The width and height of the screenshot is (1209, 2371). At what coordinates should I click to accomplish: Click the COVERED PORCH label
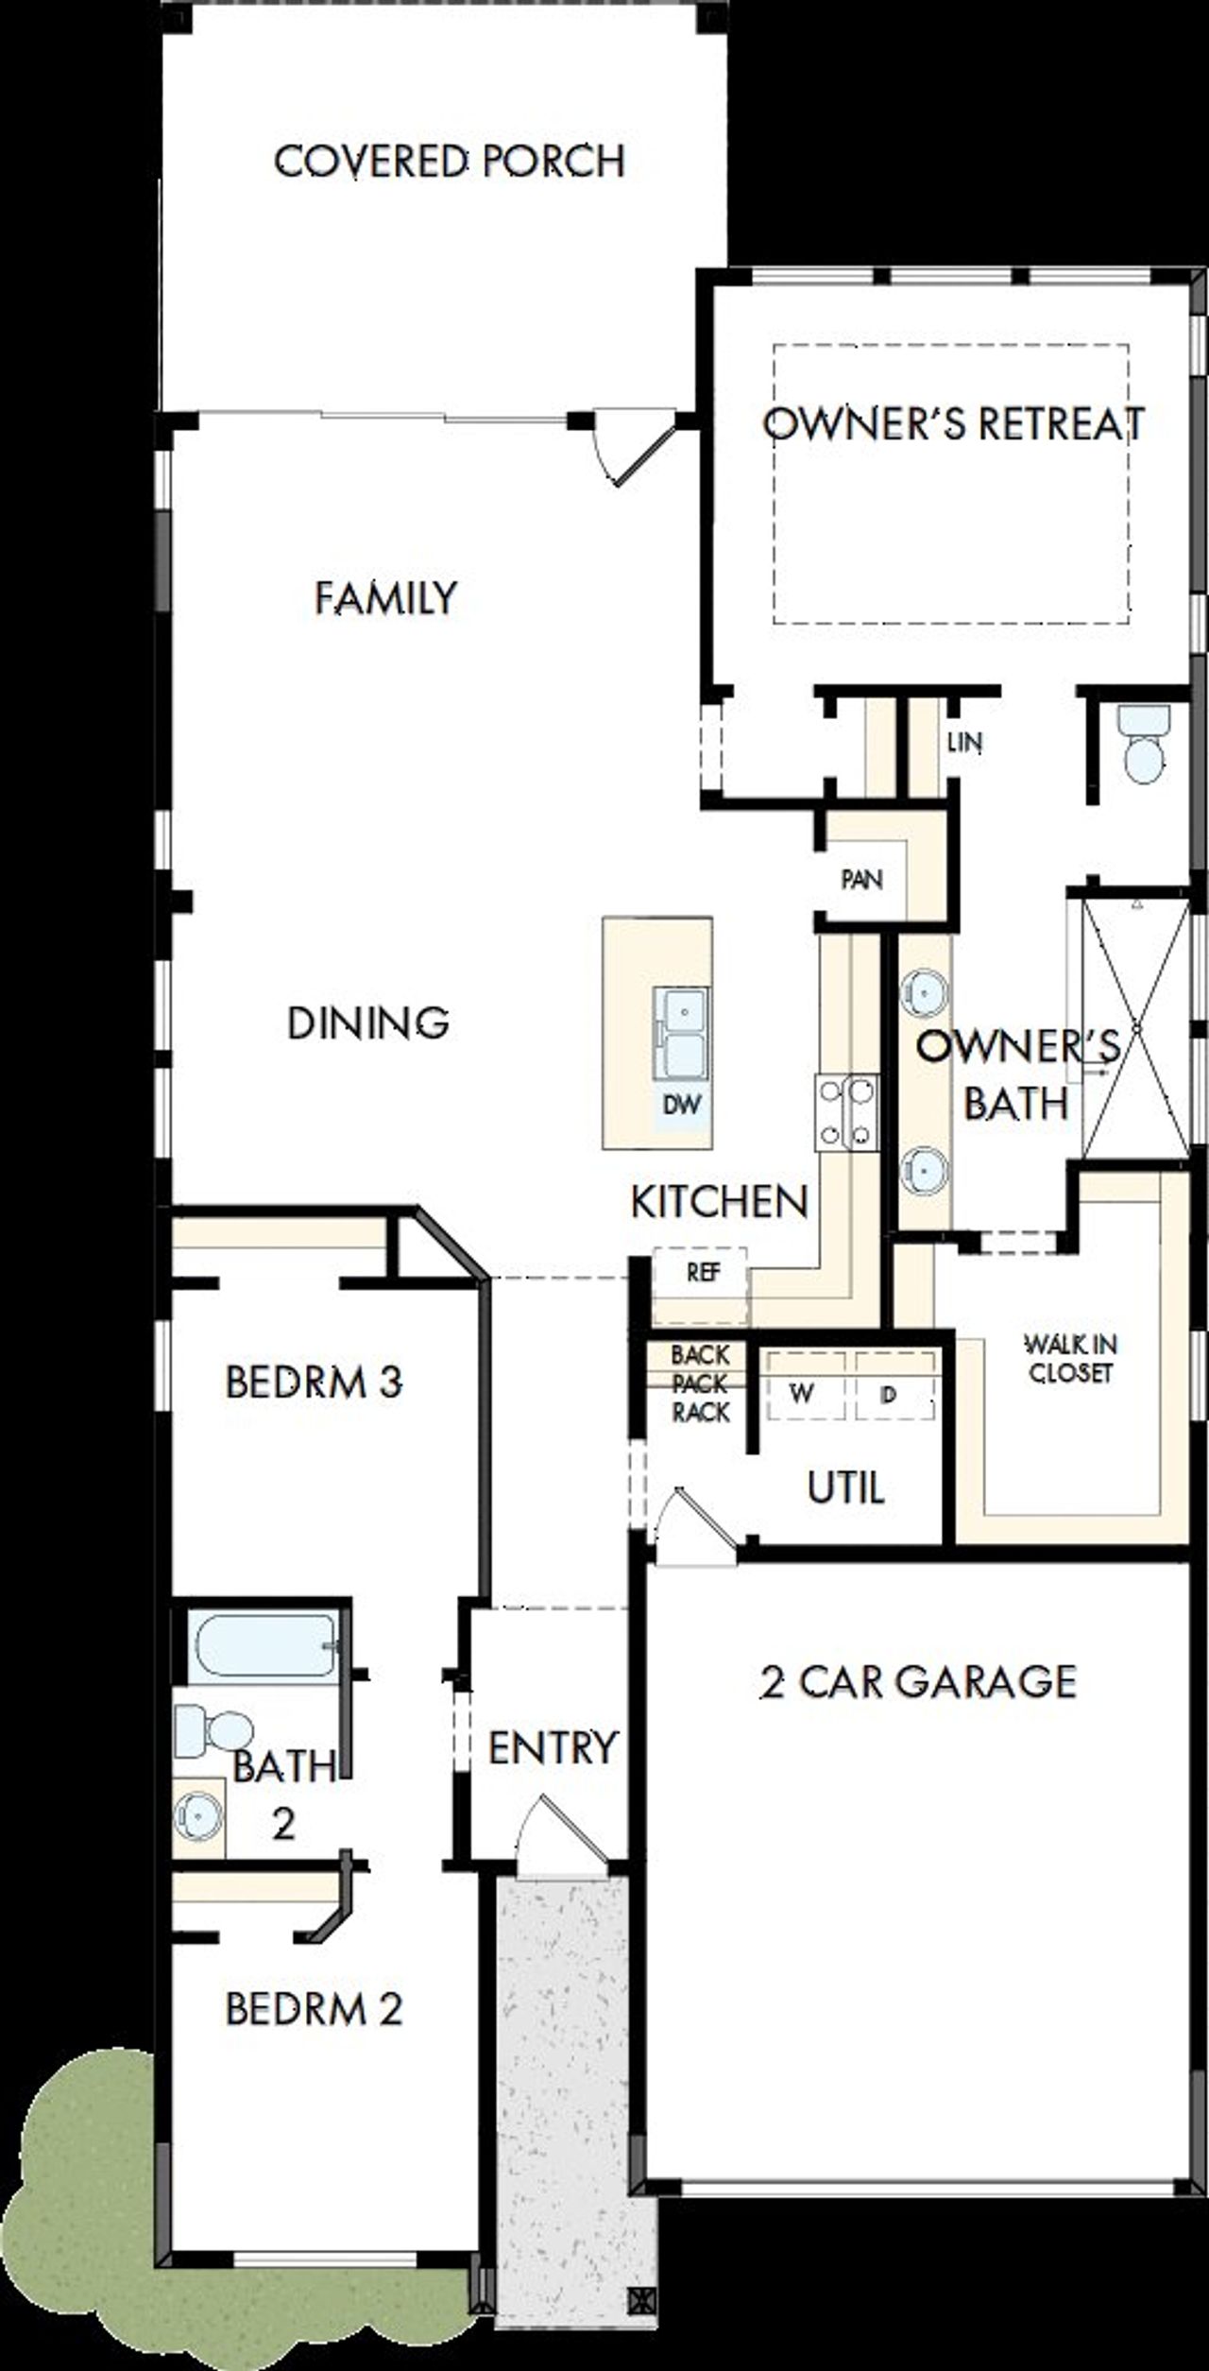click(450, 162)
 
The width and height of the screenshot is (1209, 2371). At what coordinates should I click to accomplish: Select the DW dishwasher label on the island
click(682, 1104)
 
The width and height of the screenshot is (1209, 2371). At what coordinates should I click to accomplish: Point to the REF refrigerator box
click(702, 1273)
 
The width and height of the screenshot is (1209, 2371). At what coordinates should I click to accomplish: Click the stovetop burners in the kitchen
click(847, 1112)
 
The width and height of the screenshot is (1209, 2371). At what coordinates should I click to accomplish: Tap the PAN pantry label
click(861, 880)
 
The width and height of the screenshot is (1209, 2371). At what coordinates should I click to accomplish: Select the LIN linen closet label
click(964, 742)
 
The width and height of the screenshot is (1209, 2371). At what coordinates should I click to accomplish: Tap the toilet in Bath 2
click(213, 1727)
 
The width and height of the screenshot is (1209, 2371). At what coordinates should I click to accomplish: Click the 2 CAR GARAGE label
click(917, 1683)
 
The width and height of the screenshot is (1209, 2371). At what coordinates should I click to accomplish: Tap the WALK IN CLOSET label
click(1071, 1357)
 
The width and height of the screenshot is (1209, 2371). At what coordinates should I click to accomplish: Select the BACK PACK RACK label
click(700, 1383)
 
